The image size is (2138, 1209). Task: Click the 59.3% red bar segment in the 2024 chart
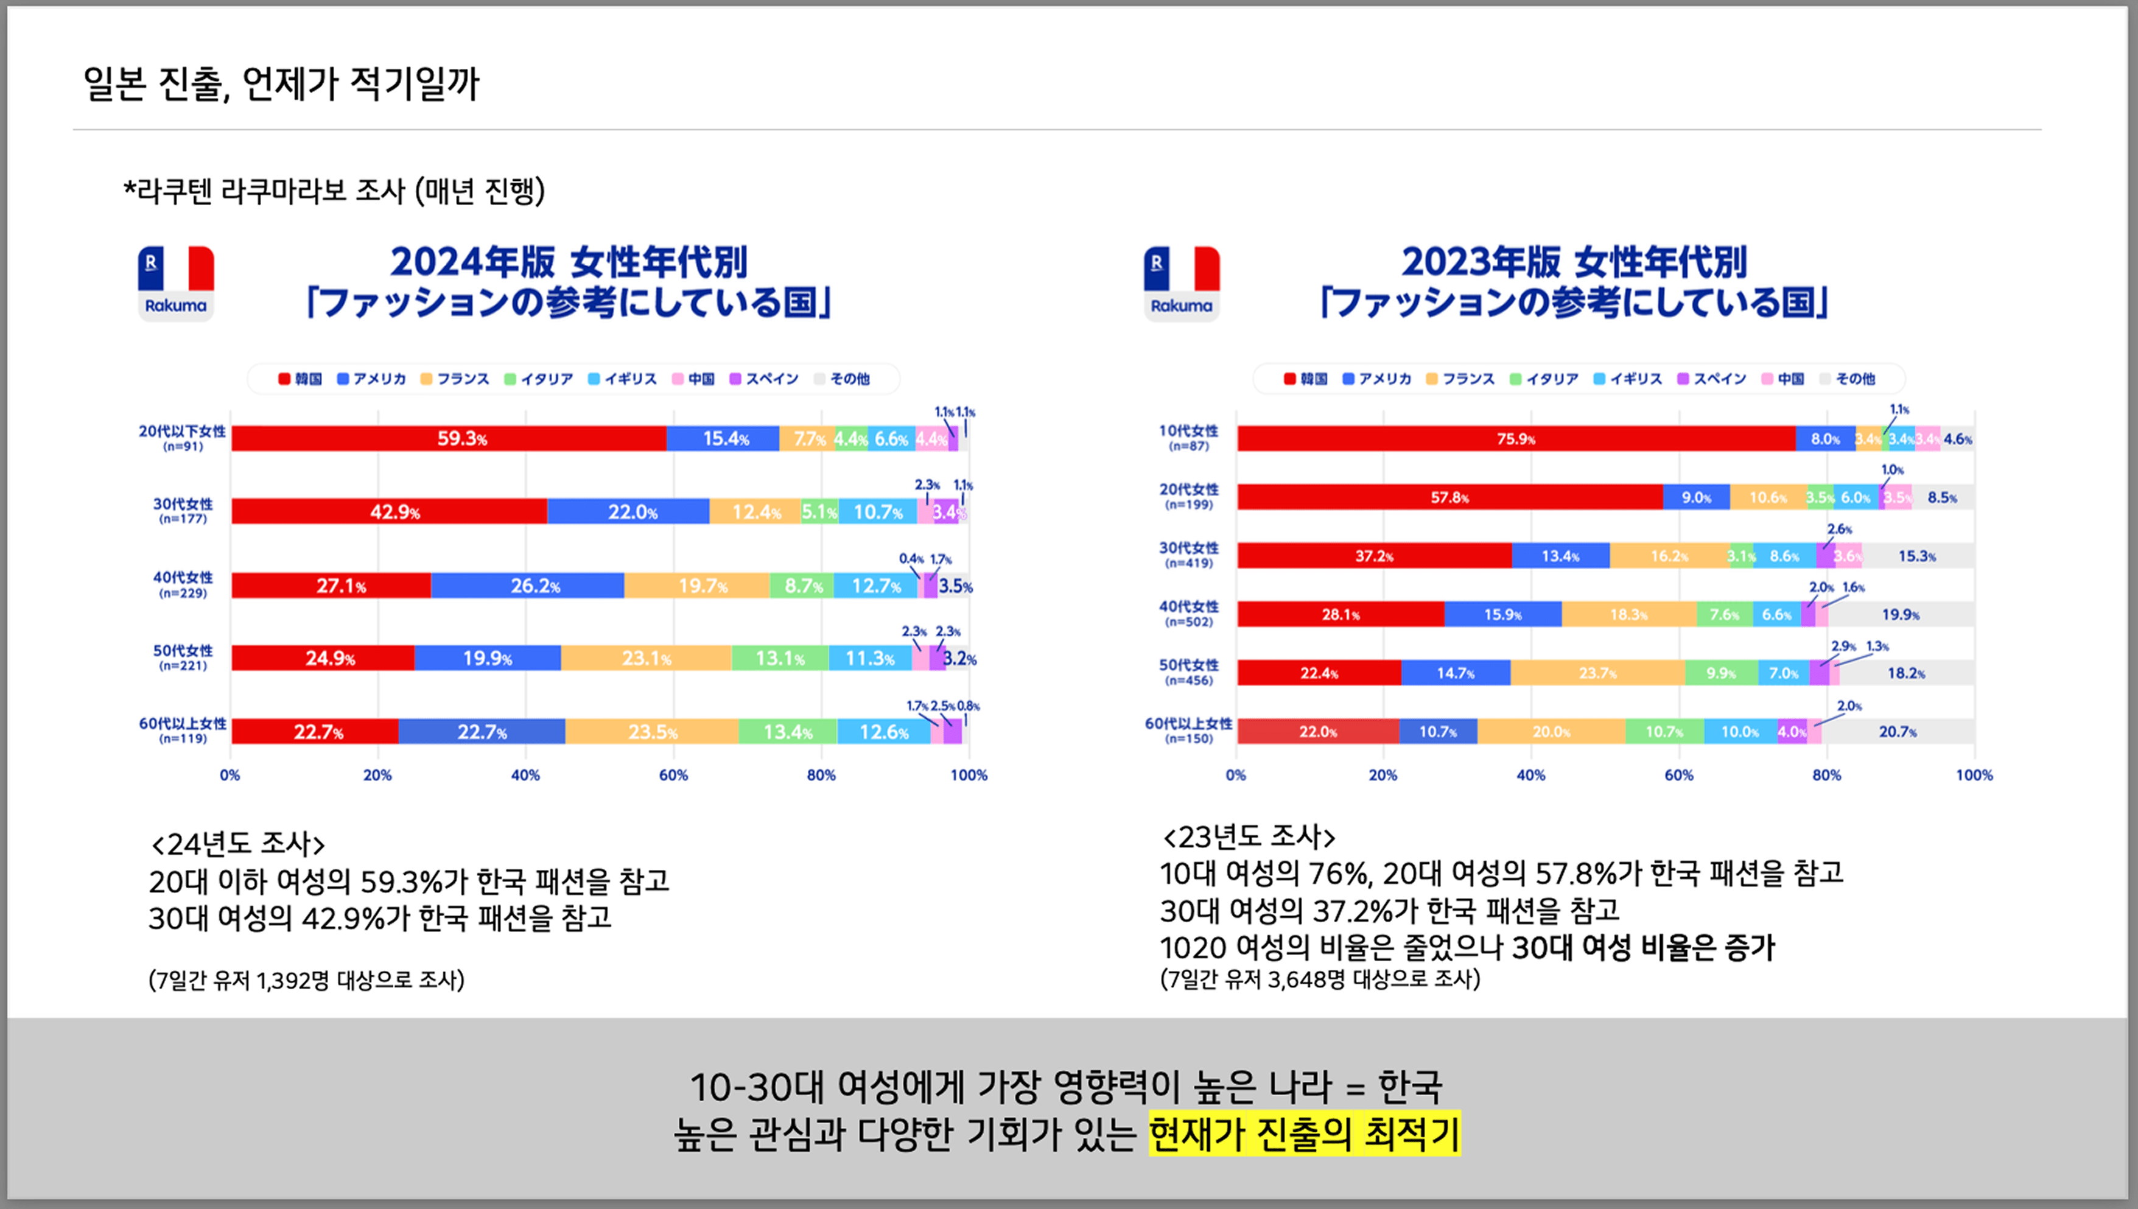(x=448, y=438)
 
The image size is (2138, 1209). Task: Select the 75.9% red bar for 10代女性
(x=1515, y=438)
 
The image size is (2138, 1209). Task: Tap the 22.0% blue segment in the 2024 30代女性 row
(x=628, y=511)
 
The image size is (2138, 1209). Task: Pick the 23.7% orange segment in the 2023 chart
(x=1597, y=673)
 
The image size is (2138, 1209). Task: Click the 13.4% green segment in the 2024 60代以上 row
(x=787, y=732)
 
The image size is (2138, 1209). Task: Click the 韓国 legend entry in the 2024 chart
(x=301, y=379)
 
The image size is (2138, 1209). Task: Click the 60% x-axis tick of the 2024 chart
(x=673, y=775)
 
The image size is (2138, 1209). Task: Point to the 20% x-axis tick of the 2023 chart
(x=1383, y=775)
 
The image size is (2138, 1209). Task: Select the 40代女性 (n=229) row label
(x=183, y=584)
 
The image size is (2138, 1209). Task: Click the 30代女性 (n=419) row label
(x=1188, y=555)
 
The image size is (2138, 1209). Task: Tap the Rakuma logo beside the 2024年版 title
(x=176, y=283)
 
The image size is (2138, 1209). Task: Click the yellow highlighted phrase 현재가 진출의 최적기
(x=1303, y=1134)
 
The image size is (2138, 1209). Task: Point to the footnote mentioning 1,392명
(x=306, y=981)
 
